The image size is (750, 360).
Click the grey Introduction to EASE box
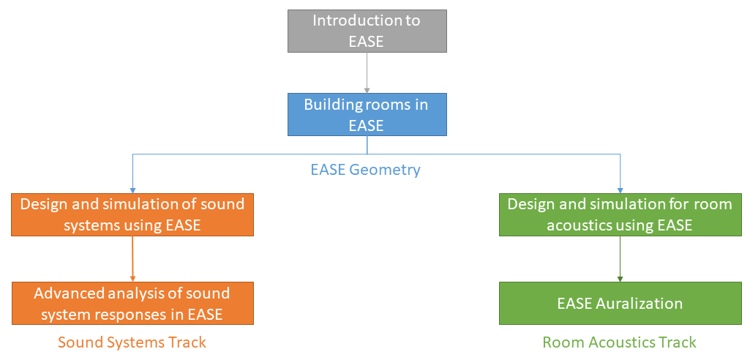[367, 31]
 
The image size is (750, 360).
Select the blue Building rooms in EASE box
[367, 114]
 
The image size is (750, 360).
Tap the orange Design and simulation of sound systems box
[132, 214]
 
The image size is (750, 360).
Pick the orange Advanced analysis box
[132, 304]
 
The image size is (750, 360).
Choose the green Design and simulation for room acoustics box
[620, 214]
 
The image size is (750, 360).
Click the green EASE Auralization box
[620, 303]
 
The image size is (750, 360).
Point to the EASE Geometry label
[365, 170]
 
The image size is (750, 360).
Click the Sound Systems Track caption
[132, 342]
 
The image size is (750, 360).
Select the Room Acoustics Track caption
[619, 342]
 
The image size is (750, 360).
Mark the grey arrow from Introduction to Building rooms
[367, 72]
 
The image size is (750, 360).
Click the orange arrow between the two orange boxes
[132, 259]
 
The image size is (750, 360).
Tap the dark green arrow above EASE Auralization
[620, 259]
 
